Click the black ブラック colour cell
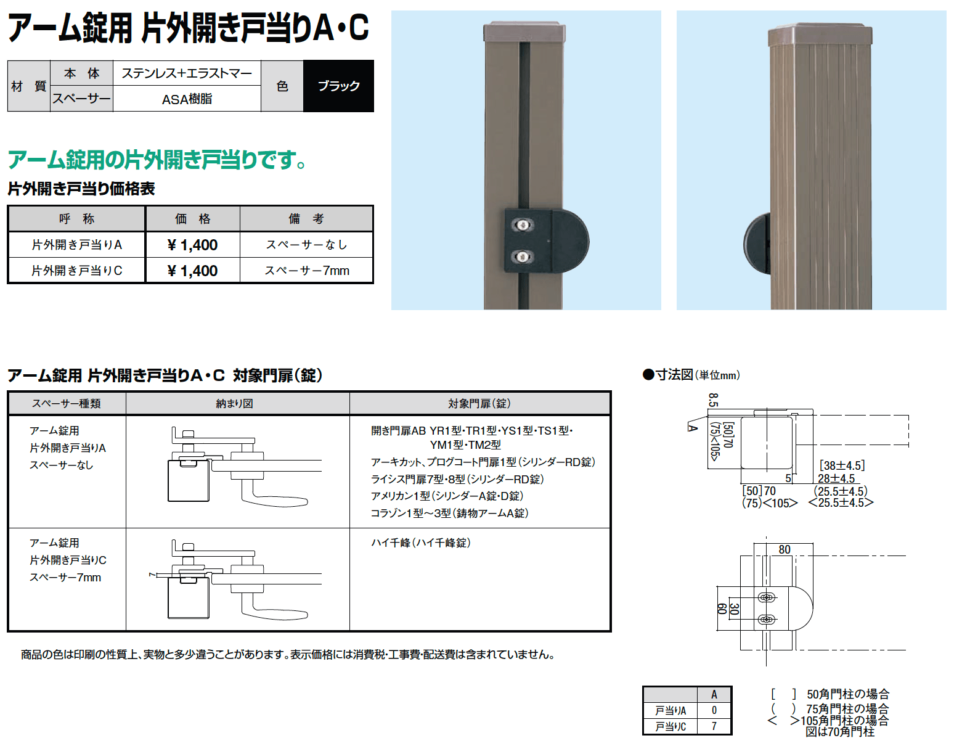click(338, 86)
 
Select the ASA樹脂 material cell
click(187, 99)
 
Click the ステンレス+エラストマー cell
click(187, 73)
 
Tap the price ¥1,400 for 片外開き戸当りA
click(192, 245)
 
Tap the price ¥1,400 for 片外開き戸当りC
click(192, 271)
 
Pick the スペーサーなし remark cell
click(306, 245)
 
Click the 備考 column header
click(306, 219)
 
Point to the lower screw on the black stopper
click(523, 256)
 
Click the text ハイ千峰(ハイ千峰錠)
click(421, 543)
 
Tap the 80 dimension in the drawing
click(785, 549)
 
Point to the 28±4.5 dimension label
click(836, 478)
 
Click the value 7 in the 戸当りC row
click(714, 726)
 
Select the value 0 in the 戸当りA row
click(714, 710)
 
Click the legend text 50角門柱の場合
click(848, 694)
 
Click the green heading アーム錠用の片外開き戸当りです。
click(157, 160)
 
